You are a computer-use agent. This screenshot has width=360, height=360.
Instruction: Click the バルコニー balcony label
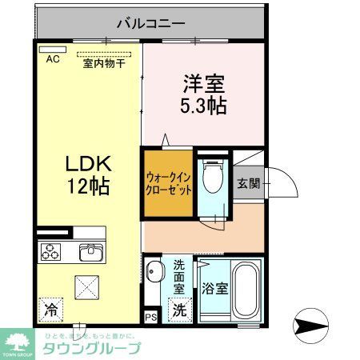(150, 22)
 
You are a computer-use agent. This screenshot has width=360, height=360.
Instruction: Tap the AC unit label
(52, 59)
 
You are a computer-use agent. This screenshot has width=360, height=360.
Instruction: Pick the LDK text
(88, 164)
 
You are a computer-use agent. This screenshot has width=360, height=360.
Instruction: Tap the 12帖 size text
(88, 186)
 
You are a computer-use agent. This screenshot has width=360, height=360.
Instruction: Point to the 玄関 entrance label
(248, 182)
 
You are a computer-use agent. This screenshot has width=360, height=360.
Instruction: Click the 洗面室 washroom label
(179, 276)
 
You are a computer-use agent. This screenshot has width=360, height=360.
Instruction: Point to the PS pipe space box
(151, 315)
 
